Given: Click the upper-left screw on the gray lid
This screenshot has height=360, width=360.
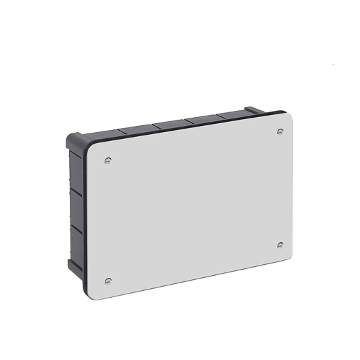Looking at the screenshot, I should (109, 161).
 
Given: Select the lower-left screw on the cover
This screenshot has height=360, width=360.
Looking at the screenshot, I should (107, 281).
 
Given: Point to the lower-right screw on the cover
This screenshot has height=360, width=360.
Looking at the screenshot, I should (280, 245).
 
